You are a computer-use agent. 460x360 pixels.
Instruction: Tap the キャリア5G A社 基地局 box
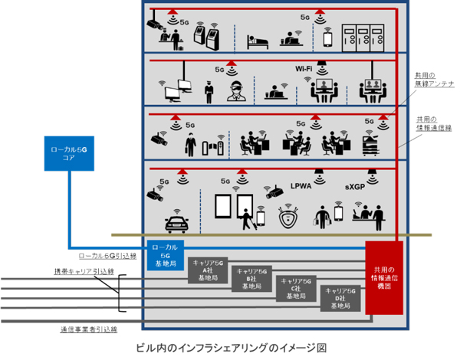209,270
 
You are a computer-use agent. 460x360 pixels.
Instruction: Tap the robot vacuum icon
287,219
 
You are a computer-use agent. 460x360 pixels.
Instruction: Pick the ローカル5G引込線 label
107,255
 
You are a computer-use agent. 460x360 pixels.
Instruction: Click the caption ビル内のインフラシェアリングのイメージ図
230,348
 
